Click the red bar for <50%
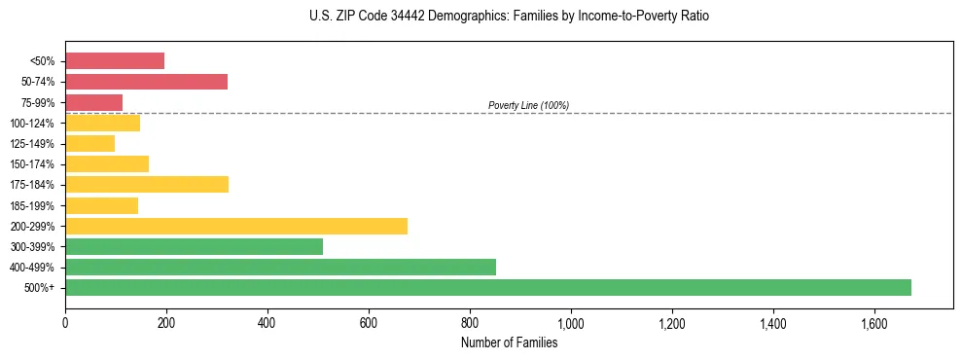click(x=115, y=61)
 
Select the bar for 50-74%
click(x=146, y=82)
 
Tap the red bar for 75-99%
click(x=93, y=102)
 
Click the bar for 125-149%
click(x=89, y=144)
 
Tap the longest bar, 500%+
click(x=488, y=287)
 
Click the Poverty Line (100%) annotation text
click(x=528, y=105)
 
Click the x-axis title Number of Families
click(x=509, y=342)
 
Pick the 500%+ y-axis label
click(x=40, y=288)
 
